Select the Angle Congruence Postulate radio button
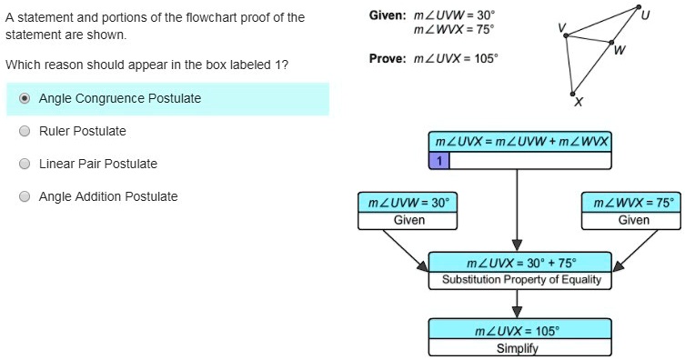point(25,98)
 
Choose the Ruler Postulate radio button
point(25,131)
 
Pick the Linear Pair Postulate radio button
point(25,164)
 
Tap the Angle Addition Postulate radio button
point(25,196)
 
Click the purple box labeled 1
point(438,161)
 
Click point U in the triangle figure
point(639,7)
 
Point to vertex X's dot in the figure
point(572,94)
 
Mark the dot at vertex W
point(611,43)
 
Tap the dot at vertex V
point(566,35)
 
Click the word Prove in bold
point(388,58)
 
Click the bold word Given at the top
point(388,15)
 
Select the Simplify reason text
point(518,348)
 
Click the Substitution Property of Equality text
point(521,279)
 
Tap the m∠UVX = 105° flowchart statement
point(518,331)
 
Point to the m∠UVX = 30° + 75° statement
point(521,263)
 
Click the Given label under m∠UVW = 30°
point(409,220)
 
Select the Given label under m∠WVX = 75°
point(634,220)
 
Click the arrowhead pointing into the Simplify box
point(518,312)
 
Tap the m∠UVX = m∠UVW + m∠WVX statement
point(521,142)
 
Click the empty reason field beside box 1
point(529,161)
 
